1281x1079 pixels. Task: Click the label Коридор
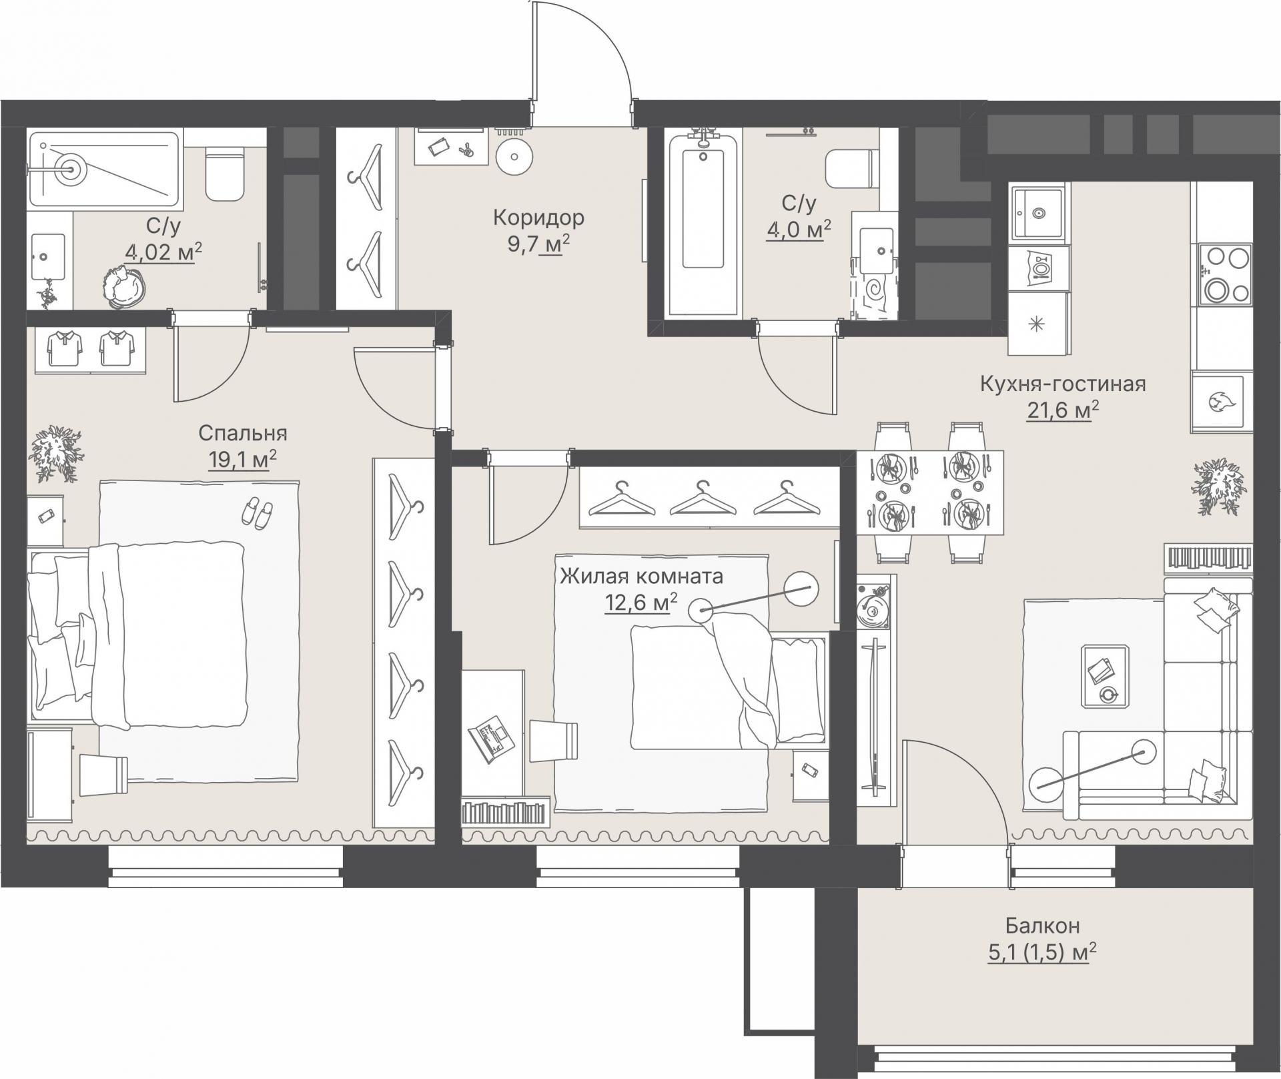(538, 218)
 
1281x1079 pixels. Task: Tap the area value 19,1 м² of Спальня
(242, 460)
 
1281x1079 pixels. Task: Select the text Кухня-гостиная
(1063, 384)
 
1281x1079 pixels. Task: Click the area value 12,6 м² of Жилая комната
(640, 602)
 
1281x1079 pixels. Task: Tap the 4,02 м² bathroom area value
(163, 252)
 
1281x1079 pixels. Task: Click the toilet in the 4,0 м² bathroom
(851, 169)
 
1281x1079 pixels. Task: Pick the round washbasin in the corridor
(514, 157)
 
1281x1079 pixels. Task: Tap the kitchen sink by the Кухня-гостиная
(1037, 213)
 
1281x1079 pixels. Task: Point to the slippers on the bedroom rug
(256, 512)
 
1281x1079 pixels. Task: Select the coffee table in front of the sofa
(1106, 676)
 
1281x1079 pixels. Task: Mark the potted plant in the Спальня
(56, 454)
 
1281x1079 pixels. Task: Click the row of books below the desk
(505, 812)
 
